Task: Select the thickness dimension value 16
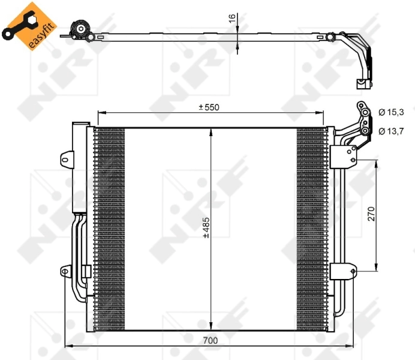[232, 19]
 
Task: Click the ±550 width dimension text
[209, 107]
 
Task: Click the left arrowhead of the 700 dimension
[67, 347]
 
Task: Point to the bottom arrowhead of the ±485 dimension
[210, 326]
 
